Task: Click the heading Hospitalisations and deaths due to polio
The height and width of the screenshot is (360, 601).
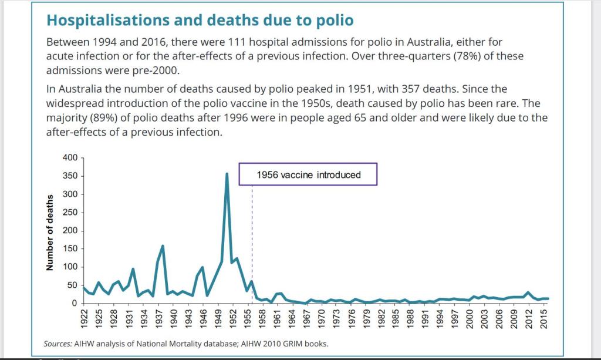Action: click(200, 21)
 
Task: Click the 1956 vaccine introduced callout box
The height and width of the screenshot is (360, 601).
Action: click(308, 174)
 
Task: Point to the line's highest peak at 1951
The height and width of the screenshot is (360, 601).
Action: click(227, 174)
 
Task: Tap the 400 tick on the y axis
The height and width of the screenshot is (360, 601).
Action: click(70, 158)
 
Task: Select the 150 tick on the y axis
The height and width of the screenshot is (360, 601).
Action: click(70, 249)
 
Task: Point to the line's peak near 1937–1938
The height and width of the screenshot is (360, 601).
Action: click(163, 246)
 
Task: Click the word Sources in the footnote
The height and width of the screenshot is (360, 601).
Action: click(57, 344)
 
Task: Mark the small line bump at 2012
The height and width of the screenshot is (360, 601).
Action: click(529, 292)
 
